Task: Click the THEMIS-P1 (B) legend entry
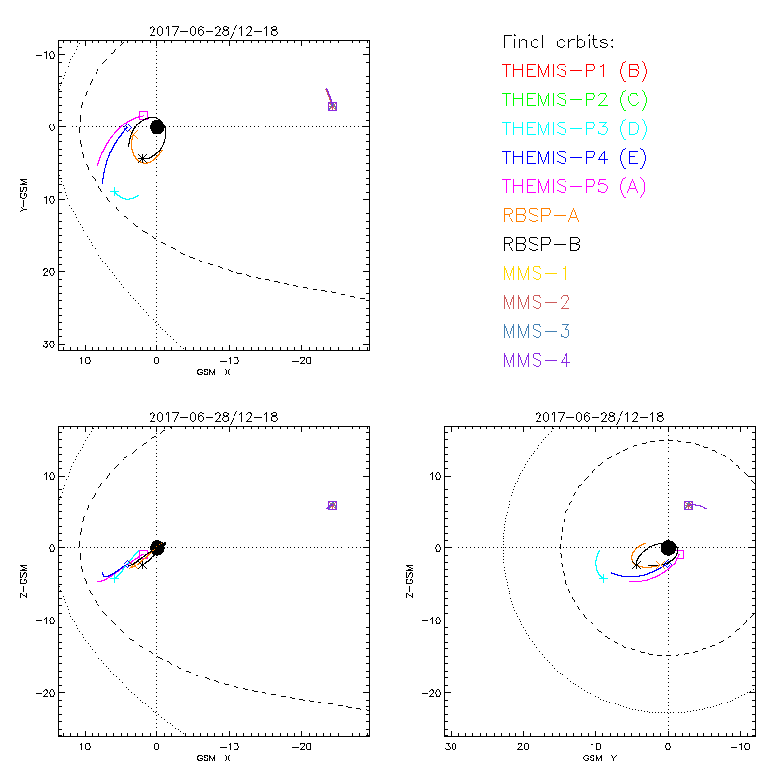click(574, 70)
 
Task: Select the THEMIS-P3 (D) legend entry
click(574, 128)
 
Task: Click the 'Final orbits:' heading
click(558, 41)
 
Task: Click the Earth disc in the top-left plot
click(156, 126)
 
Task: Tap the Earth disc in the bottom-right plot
click(668, 548)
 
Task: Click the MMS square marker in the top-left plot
click(332, 106)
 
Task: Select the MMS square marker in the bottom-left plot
click(332, 505)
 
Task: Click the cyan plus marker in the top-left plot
click(115, 192)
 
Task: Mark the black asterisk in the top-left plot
click(142, 159)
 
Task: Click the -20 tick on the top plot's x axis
click(301, 360)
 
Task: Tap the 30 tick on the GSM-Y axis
click(451, 746)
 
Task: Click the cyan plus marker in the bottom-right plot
click(603, 578)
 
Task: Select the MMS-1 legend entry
click(536, 273)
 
